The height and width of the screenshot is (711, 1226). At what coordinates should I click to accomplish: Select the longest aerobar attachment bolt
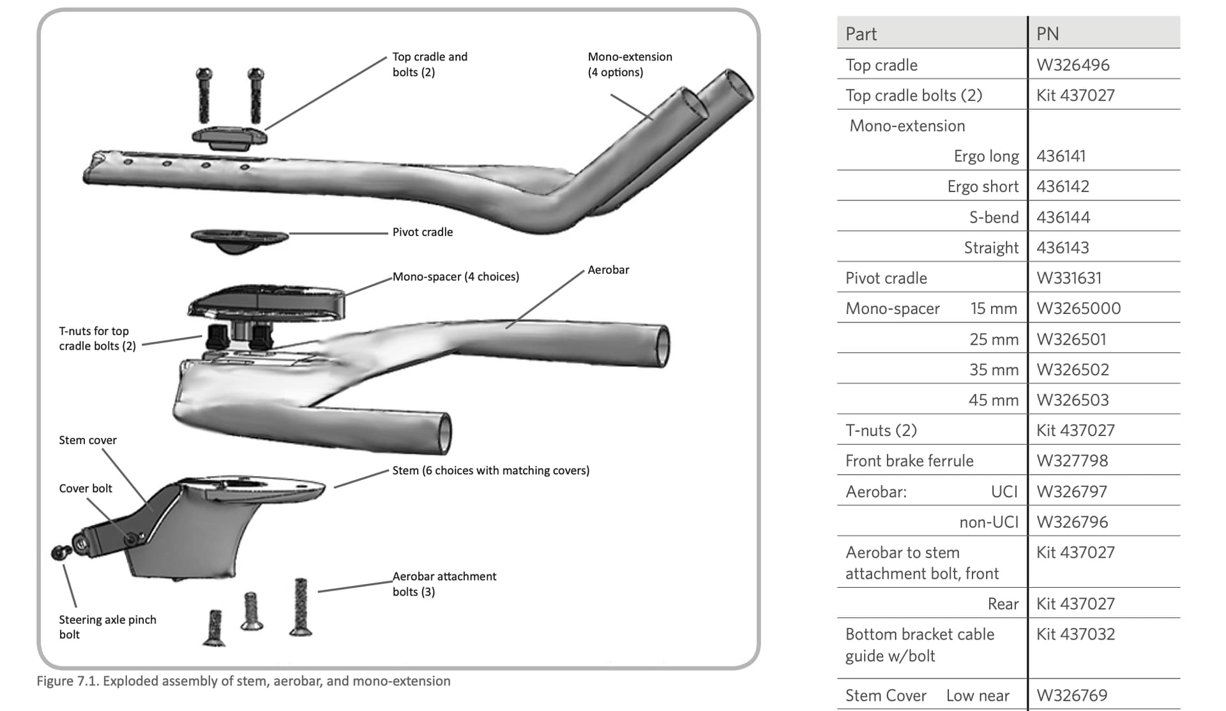point(301,606)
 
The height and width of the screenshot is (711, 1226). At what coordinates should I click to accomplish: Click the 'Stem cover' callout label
point(87,440)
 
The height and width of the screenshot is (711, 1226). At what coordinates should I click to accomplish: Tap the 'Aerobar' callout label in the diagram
point(608,270)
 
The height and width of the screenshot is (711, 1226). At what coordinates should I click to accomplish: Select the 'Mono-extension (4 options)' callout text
point(630,64)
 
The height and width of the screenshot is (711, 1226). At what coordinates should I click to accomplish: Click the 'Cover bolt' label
point(85,489)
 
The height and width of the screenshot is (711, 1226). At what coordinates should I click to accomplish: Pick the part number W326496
point(1073,65)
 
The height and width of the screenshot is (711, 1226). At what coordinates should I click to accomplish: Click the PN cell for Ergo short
point(1063,186)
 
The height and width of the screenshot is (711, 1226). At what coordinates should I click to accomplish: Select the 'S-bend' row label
point(994,218)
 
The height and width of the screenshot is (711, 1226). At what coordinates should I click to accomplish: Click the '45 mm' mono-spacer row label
point(993,400)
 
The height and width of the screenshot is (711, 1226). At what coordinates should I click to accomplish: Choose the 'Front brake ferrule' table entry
point(909,461)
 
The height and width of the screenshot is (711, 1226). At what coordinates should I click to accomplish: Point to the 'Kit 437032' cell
point(1075,634)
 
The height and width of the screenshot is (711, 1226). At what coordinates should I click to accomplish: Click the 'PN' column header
point(1047,34)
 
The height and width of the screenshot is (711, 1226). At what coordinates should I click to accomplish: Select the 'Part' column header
point(861,34)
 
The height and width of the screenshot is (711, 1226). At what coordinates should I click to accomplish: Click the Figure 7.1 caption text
point(243,681)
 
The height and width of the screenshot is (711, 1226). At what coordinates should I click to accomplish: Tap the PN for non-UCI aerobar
point(1072,522)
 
